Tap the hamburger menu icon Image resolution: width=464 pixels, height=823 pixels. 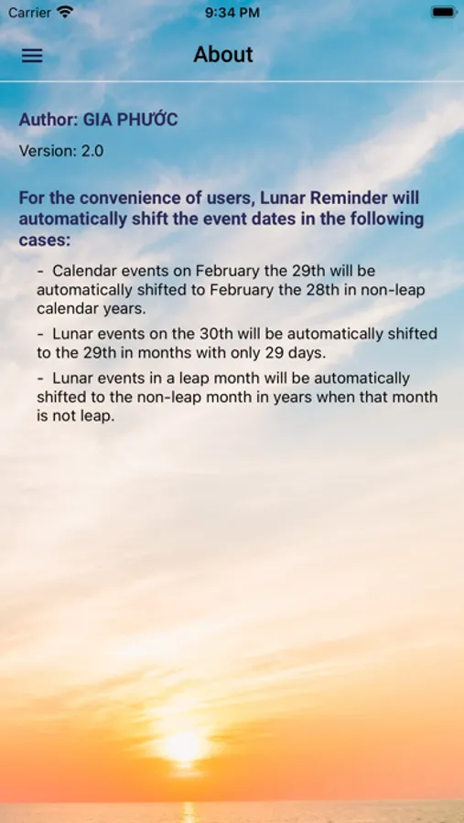tap(32, 56)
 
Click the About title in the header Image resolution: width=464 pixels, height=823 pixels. tap(223, 55)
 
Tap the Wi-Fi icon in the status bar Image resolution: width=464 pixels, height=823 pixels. tap(65, 12)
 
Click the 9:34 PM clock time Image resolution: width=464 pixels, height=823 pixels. tap(232, 12)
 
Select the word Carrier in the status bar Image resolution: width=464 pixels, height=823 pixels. tap(29, 12)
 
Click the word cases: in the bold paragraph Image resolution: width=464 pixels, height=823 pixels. tap(45, 240)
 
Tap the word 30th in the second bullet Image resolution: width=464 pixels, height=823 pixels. tap(215, 333)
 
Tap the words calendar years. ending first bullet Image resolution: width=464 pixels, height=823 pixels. tap(91, 309)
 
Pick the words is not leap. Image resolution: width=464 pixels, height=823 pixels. tap(76, 417)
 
